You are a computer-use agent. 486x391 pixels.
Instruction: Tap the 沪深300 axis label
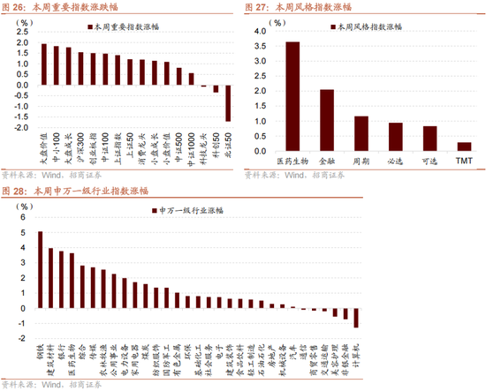80,145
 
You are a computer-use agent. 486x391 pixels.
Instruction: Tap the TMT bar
464,146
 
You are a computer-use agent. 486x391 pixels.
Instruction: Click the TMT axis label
464,162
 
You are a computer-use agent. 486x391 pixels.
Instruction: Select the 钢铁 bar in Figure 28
41,270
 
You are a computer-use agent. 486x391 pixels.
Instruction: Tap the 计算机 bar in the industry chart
356,318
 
